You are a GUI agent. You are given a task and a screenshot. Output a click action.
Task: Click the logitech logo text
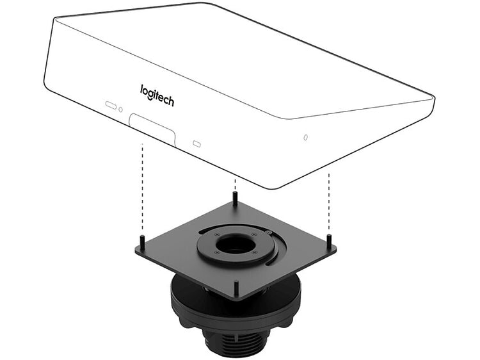tap(157, 95)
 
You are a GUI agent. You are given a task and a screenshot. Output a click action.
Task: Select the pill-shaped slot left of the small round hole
tap(111, 105)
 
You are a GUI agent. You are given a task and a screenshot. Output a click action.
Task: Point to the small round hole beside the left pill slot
tap(120, 110)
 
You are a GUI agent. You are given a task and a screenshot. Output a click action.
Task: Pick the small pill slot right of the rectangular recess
tap(196, 143)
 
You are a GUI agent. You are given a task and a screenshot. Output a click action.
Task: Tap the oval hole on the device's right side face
tap(305, 137)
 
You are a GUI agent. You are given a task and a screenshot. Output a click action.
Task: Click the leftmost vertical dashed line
tap(142, 186)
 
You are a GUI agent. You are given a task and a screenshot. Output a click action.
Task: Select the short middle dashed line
tap(235, 184)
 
